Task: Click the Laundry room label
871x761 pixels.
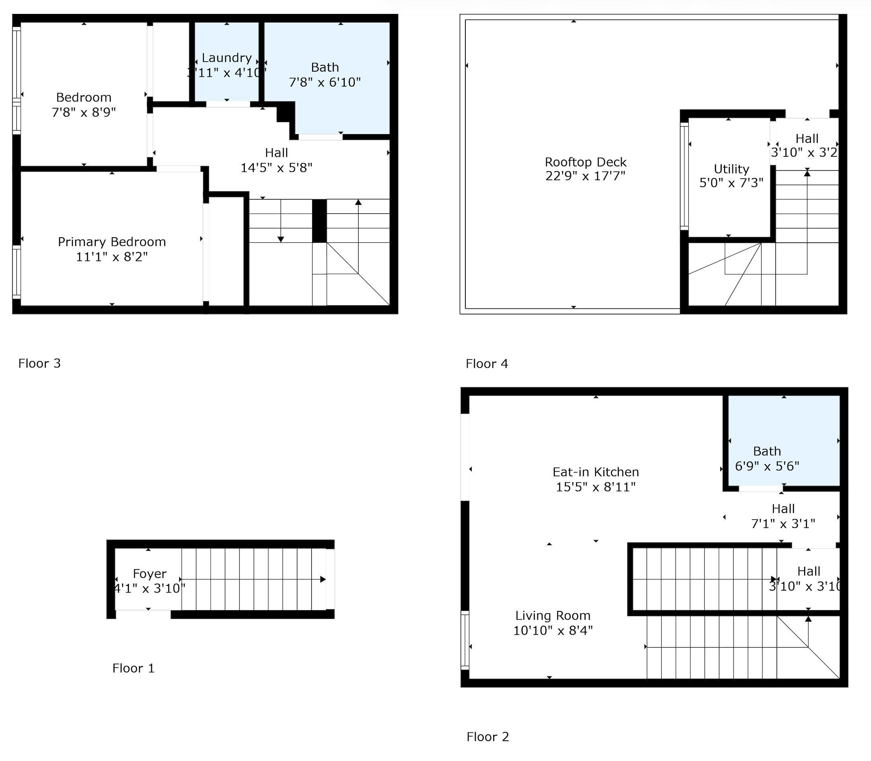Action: click(x=227, y=58)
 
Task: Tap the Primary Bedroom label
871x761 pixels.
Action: click(x=112, y=242)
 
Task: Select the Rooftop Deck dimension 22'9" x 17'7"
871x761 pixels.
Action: click(x=585, y=176)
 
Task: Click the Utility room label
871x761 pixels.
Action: click(x=731, y=169)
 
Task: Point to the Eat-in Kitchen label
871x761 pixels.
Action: click(x=596, y=472)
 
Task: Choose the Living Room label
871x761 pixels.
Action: click(x=553, y=615)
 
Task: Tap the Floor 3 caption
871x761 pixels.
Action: click(x=39, y=363)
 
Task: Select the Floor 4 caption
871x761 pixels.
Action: click(x=487, y=363)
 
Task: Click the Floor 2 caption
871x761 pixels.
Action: click(x=488, y=737)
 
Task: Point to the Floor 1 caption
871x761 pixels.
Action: click(x=133, y=668)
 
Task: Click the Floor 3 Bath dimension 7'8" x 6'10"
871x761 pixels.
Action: click(x=325, y=82)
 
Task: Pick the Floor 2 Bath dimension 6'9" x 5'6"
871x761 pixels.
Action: click(x=767, y=466)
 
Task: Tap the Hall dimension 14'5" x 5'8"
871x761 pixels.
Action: click(x=276, y=168)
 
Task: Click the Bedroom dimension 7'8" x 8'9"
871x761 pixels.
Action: click(x=84, y=113)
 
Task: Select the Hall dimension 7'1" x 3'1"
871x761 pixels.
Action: click(x=783, y=524)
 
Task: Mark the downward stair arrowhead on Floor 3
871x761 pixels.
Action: click(x=281, y=240)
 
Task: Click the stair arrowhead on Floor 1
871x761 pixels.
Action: click(x=323, y=579)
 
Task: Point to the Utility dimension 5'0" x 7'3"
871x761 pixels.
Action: click(x=731, y=183)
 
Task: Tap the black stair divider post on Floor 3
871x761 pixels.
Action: click(x=319, y=221)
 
